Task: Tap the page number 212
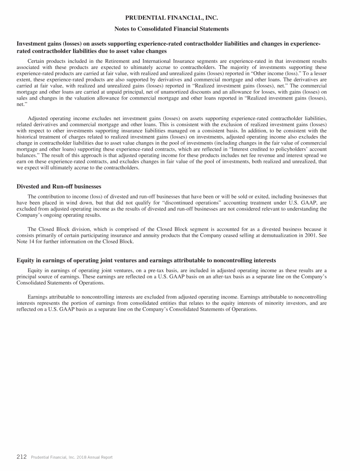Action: click(x=22, y=456)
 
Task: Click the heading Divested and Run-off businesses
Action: click(x=59, y=186)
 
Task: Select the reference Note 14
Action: click(x=26, y=242)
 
